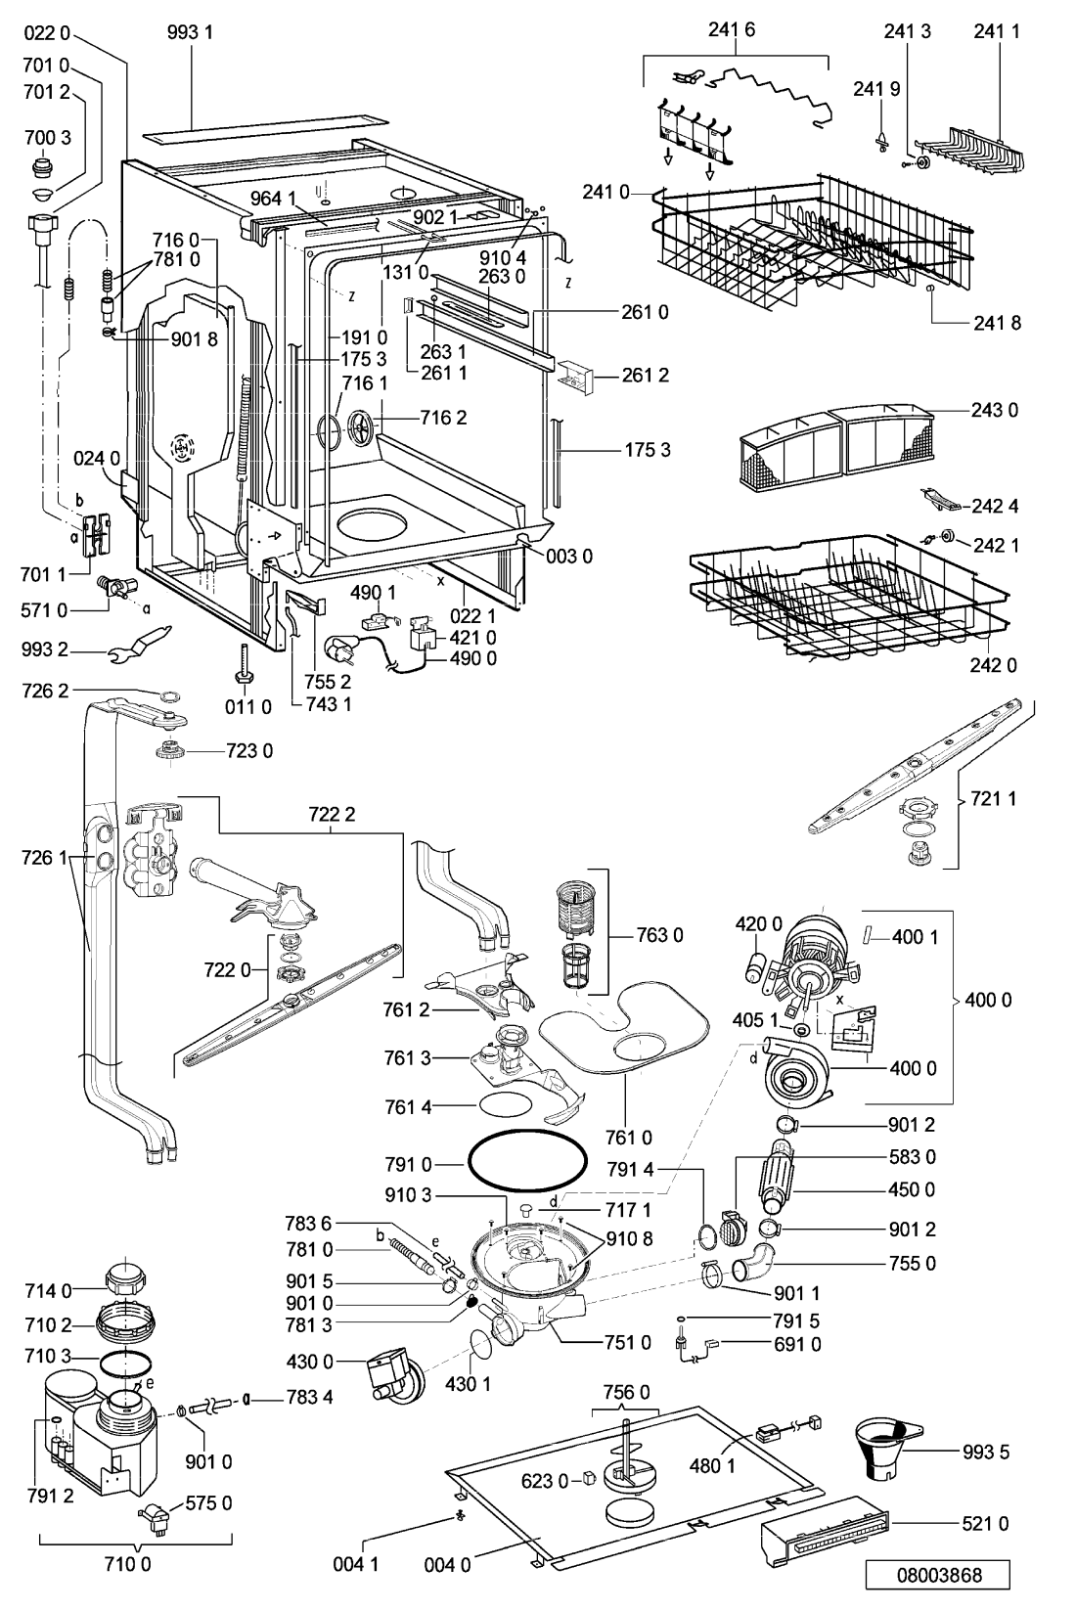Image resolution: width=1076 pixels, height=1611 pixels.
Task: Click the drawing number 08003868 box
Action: click(937, 1575)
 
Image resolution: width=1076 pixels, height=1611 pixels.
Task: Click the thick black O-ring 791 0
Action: click(528, 1162)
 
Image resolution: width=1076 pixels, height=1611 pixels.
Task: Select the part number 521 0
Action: click(985, 1523)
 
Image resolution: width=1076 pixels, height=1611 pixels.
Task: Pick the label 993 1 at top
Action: click(190, 32)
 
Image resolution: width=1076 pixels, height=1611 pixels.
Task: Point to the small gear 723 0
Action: click(170, 752)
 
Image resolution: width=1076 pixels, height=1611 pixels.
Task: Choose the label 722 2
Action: click(332, 814)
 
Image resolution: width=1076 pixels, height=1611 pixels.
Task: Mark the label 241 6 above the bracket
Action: click(733, 29)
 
